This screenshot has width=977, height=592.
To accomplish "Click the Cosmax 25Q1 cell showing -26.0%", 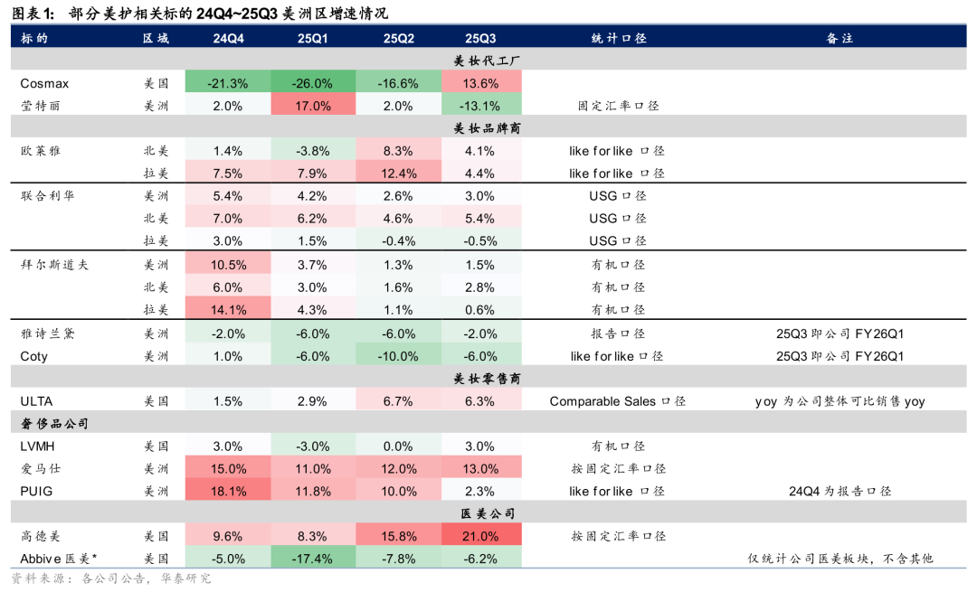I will (313, 83).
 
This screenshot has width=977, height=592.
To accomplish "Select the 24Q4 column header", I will (228, 39).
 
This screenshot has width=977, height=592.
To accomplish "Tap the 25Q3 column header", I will (480, 39).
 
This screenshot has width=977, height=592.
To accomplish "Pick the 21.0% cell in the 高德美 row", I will (480, 536).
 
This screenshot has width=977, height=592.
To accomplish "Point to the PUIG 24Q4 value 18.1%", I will (228, 491).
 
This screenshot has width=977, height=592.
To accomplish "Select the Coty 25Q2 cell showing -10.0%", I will (399, 356).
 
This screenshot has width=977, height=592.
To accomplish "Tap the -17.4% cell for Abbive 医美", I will (313, 559).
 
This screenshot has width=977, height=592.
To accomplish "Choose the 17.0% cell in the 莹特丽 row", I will (313, 106).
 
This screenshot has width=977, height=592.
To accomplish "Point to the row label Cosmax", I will (44, 83).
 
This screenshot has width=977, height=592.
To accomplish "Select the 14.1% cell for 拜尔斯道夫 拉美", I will (228, 309).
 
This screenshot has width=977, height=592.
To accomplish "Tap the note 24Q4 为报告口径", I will (839, 491).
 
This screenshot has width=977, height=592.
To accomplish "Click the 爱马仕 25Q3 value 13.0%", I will (480, 468).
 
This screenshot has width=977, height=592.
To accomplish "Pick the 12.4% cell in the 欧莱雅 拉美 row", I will (399, 174).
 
